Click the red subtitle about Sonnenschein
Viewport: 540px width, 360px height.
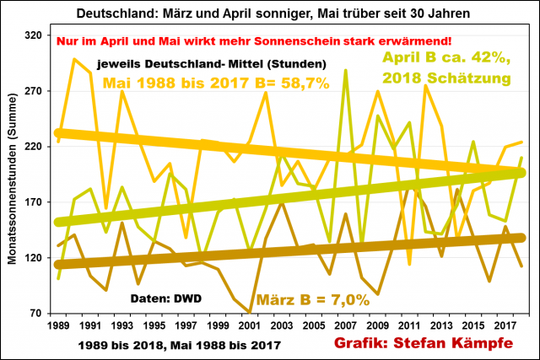pos(254,41)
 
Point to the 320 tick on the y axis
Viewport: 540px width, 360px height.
pos(35,35)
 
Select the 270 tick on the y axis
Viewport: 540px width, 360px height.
pos(35,91)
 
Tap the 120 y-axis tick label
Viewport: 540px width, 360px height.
pos(35,258)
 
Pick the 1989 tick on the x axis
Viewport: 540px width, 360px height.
pos(58,325)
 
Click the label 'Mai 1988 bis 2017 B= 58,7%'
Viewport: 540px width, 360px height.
pos(216,83)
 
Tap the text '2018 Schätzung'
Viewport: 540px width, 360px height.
pos(447,78)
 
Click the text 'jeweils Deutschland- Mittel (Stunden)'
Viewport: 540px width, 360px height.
pos(211,64)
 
